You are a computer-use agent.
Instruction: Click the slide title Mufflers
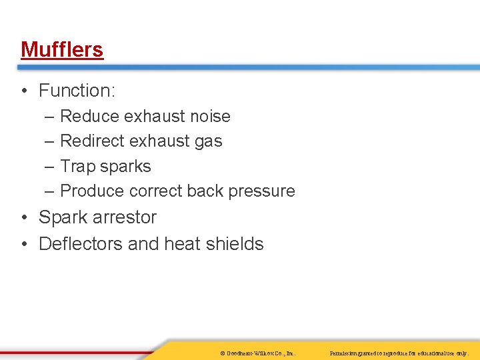[x=62, y=49]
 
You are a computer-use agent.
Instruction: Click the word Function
[x=75, y=90]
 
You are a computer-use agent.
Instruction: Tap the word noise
[x=209, y=116]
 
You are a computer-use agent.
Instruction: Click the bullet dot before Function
[x=24, y=91]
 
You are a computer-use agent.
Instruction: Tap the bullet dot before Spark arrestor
[x=24, y=218]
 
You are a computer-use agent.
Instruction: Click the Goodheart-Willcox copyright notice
[x=257, y=352]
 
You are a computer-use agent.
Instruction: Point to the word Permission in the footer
[x=347, y=352]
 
